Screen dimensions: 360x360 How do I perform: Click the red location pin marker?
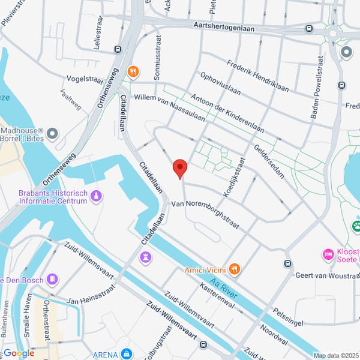[179, 169]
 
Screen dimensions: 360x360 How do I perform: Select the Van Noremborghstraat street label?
[205, 213]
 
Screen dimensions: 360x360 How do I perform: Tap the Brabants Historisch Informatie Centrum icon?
[97, 196]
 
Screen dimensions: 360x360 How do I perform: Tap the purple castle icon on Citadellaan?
[145, 257]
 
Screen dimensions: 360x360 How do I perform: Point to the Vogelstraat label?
[85, 78]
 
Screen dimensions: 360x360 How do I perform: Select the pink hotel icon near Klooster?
[328, 255]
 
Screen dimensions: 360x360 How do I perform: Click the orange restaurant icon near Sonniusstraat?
[134, 71]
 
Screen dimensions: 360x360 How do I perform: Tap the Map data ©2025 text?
[336, 355]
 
